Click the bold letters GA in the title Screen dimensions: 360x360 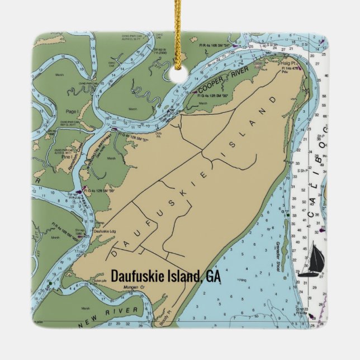[x=213, y=276]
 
